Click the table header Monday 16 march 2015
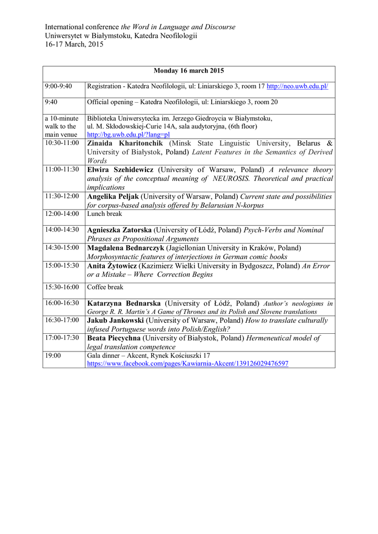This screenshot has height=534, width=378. coord(189,71)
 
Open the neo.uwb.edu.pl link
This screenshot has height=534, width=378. coord(297,86)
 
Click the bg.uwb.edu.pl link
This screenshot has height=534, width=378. coord(128,134)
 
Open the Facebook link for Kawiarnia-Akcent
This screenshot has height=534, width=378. coord(188,363)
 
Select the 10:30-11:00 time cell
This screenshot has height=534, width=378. coord(62,142)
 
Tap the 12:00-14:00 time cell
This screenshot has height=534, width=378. coord(62,213)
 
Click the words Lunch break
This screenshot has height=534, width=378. coord(104,213)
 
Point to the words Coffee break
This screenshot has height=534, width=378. coord(105,287)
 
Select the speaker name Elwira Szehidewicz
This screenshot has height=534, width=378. coord(120,169)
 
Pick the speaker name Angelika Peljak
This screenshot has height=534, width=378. coord(113,196)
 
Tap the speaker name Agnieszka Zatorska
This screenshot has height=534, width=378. coord(119,230)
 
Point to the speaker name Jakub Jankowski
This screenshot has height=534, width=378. coord(115,320)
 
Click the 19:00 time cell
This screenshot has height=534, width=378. coord(53,355)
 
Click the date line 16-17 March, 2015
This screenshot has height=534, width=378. coord(74,44)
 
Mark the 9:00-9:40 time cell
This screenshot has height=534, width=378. coord(58,86)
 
